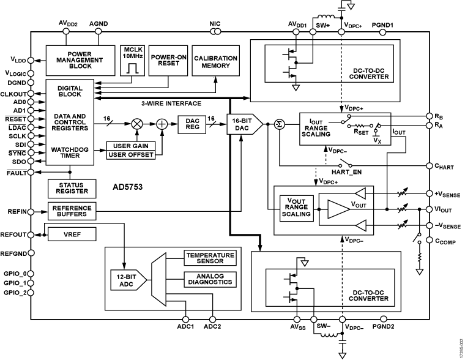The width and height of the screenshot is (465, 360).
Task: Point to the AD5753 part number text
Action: [x=127, y=188]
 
